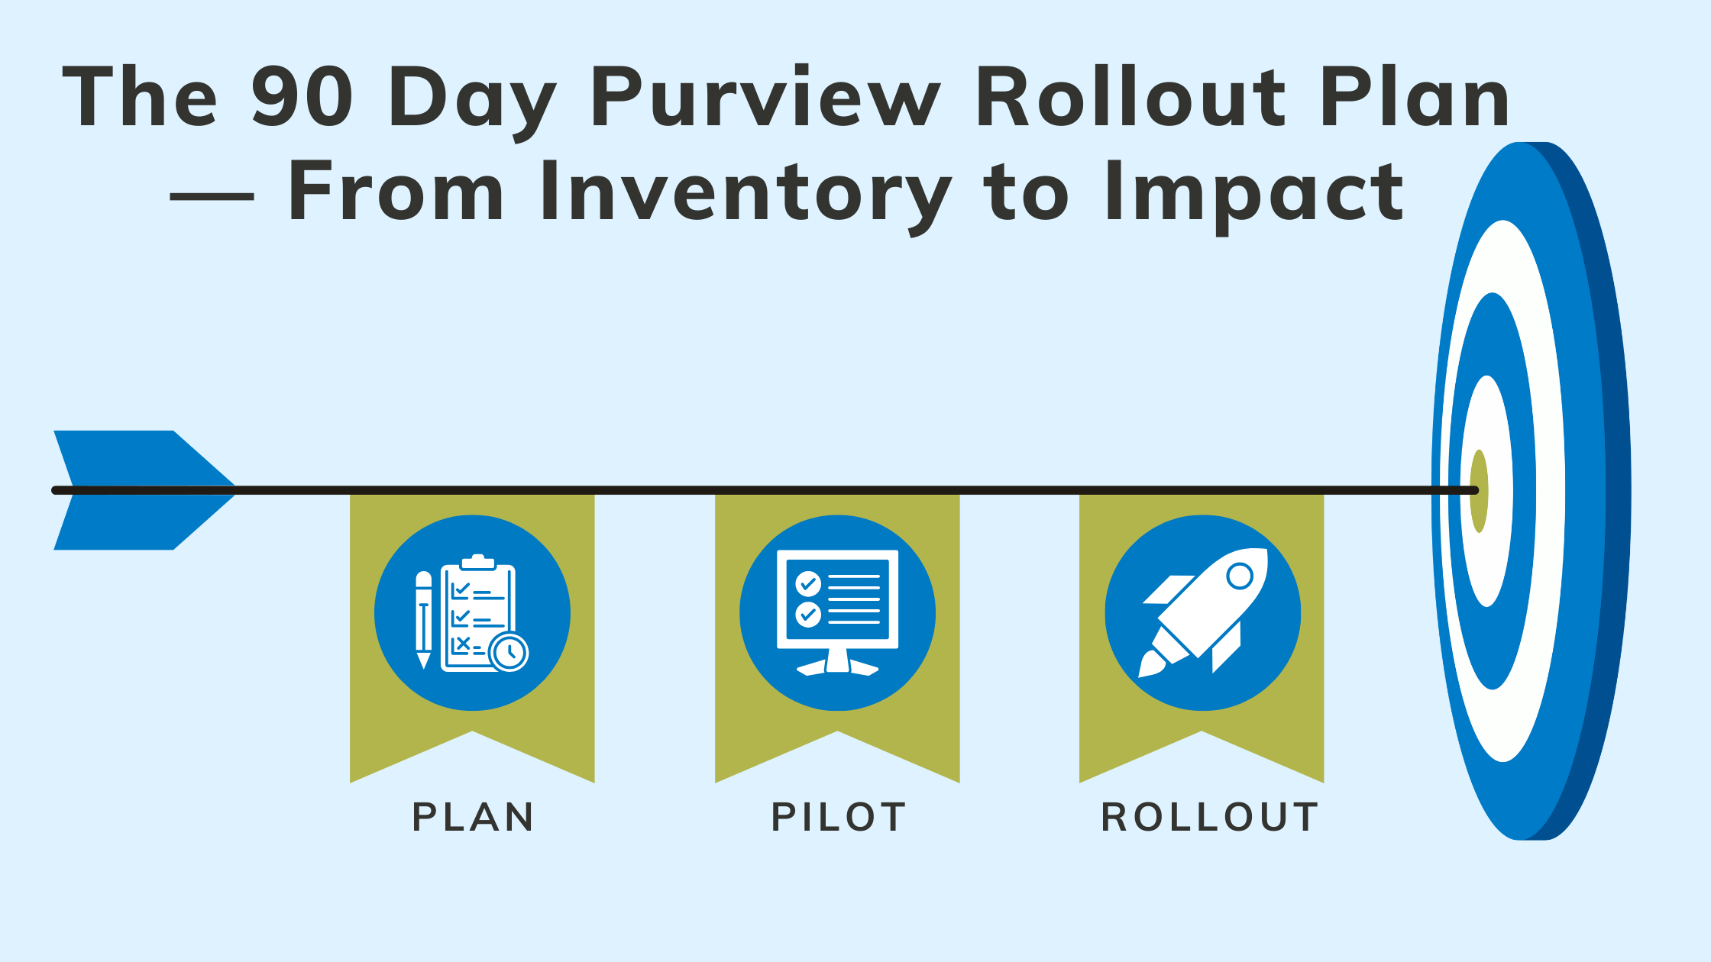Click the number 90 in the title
pyautogui.click(x=302, y=97)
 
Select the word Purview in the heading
pyautogui.click(x=764, y=97)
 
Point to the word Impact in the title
pyautogui.click(x=1253, y=192)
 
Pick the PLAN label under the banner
pyautogui.click(x=473, y=817)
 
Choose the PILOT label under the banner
pyautogui.click(x=838, y=817)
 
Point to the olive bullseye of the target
pyautogui.click(x=1479, y=491)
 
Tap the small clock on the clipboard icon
pyautogui.click(x=509, y=652)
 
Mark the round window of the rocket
pyautogui.click(x=1240, y=576)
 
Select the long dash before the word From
pyautogui.click(x=212, y=196)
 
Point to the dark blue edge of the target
pyautogui.click(x=1616, y=491)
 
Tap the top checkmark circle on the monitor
pyautogui.click(x=807, y=584)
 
